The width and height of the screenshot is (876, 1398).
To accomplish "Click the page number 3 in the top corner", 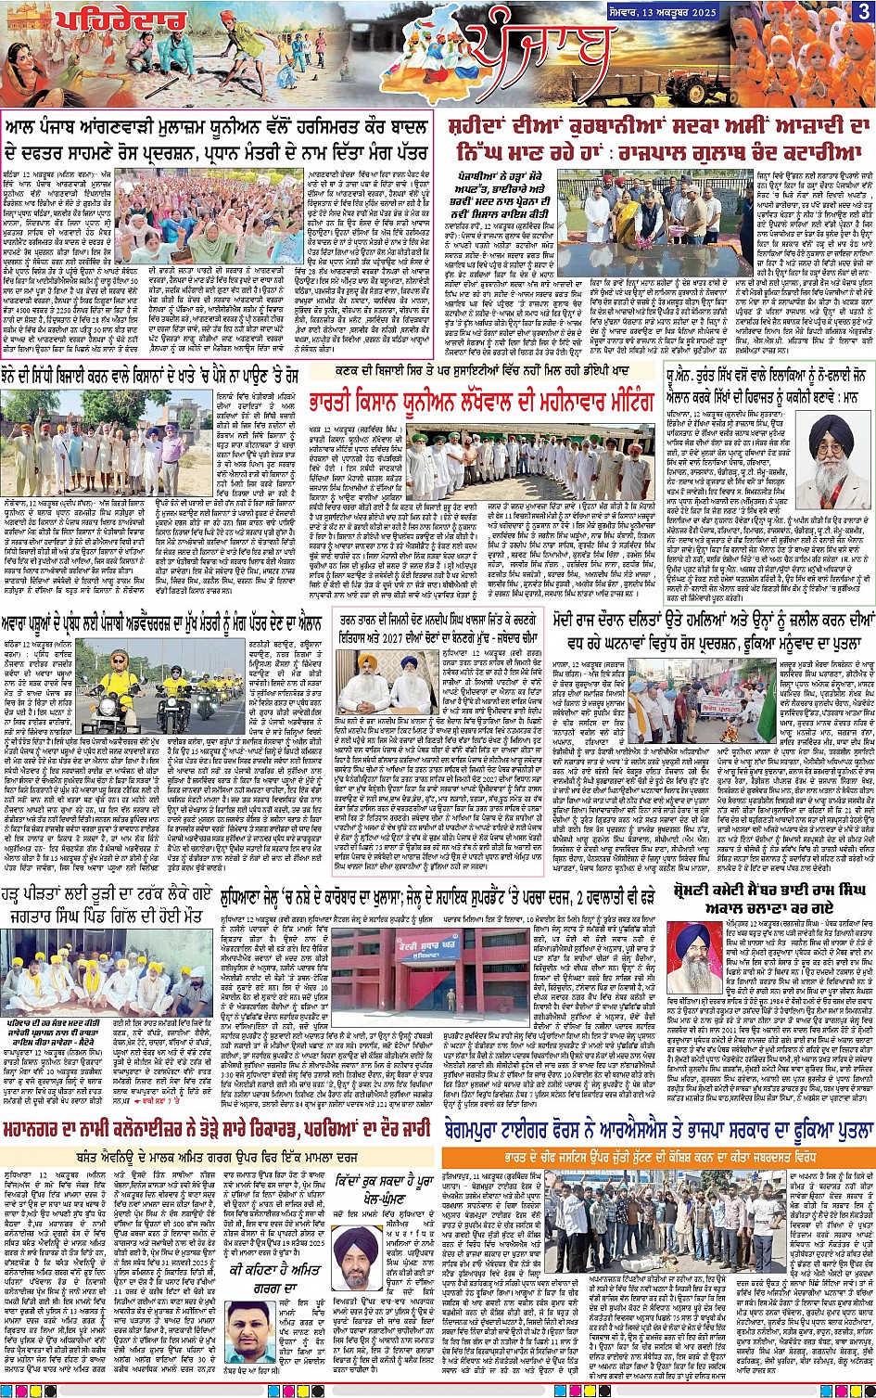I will tap(863, 12).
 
